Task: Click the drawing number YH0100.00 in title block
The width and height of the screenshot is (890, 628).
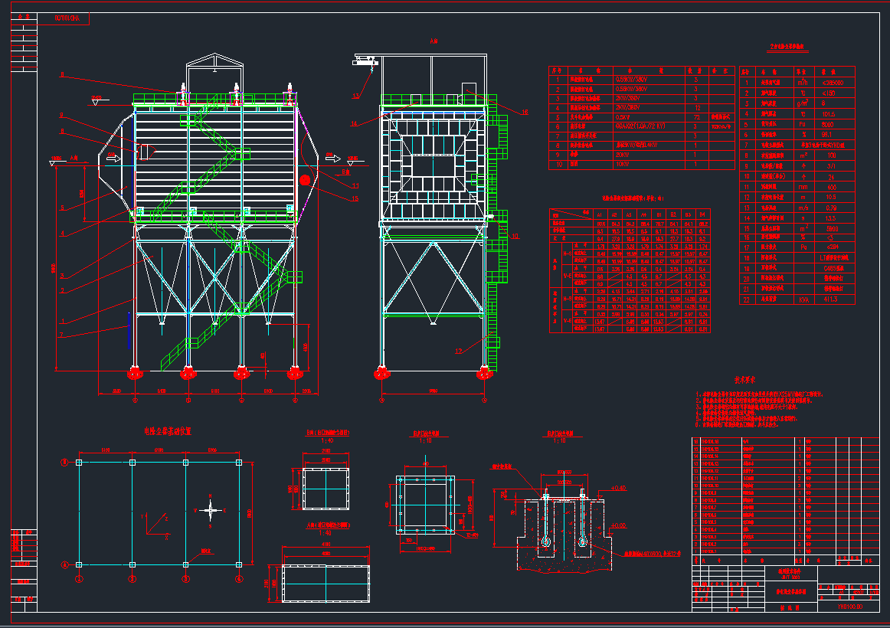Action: click(x=850, y=606)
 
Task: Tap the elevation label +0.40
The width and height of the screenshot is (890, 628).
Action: click(x=620, y=488)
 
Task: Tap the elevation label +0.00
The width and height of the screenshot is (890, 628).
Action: click(x=620, y=525)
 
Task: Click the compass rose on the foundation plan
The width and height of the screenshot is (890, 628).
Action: click(x=212, y=510)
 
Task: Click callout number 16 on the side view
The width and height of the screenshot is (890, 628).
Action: click(x=525, y=113)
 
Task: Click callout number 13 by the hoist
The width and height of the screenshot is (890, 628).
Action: click(x=355, y=96)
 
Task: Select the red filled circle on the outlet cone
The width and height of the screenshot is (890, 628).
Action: click(x=306, y=180)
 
